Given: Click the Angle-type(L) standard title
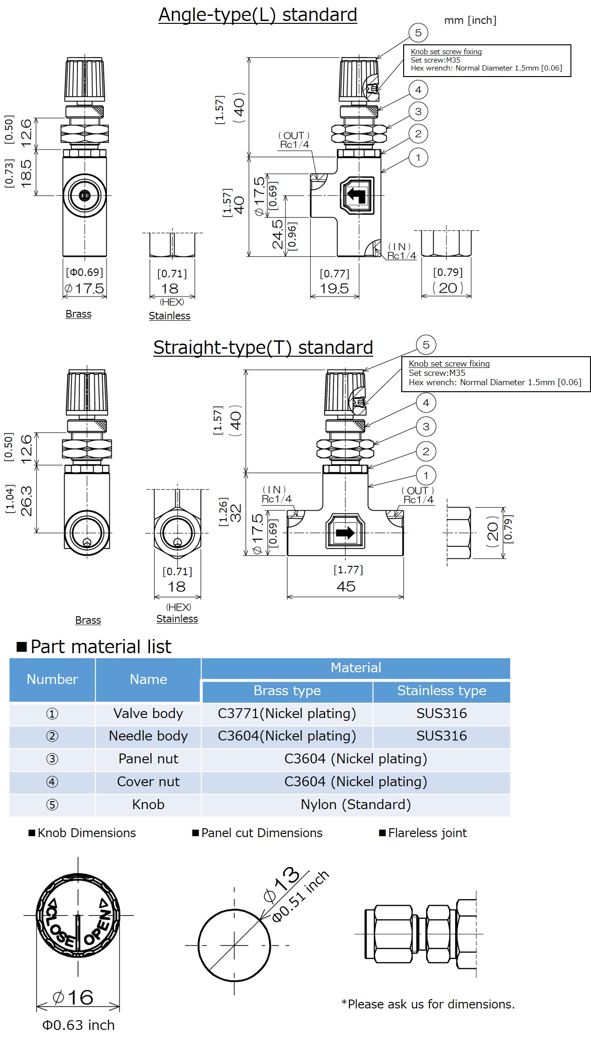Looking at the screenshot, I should click(x=257, y=15).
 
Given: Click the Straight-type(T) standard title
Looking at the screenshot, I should click(x=263, y=348).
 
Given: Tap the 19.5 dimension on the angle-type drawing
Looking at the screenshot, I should click(x=334, y=289).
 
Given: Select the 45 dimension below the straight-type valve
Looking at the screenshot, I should click(x=346, y=586).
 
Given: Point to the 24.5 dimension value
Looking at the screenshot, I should click(x=278, y=234).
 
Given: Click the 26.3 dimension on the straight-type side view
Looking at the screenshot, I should click(x=27, y=501).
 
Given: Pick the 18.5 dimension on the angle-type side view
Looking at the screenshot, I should click(x=27, y=173).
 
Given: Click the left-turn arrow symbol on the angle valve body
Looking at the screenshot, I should click(x=357, y=195).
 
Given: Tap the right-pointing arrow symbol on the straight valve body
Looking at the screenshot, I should click(x=345, y=533).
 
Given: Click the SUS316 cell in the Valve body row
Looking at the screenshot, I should click(x=441, y=713).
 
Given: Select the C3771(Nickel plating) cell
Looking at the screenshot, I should click(x=287, y=713).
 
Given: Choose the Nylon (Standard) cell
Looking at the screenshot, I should click(x=356, y=804).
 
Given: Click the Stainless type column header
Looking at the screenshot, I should click(x=441, y=691).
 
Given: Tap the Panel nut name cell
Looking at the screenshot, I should click(x=148, y=759).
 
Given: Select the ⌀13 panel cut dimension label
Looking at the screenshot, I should click(x=282, y=884).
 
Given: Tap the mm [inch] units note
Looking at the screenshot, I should click(x=470, y=20).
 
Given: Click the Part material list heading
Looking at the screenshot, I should click(x=100, y=647).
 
